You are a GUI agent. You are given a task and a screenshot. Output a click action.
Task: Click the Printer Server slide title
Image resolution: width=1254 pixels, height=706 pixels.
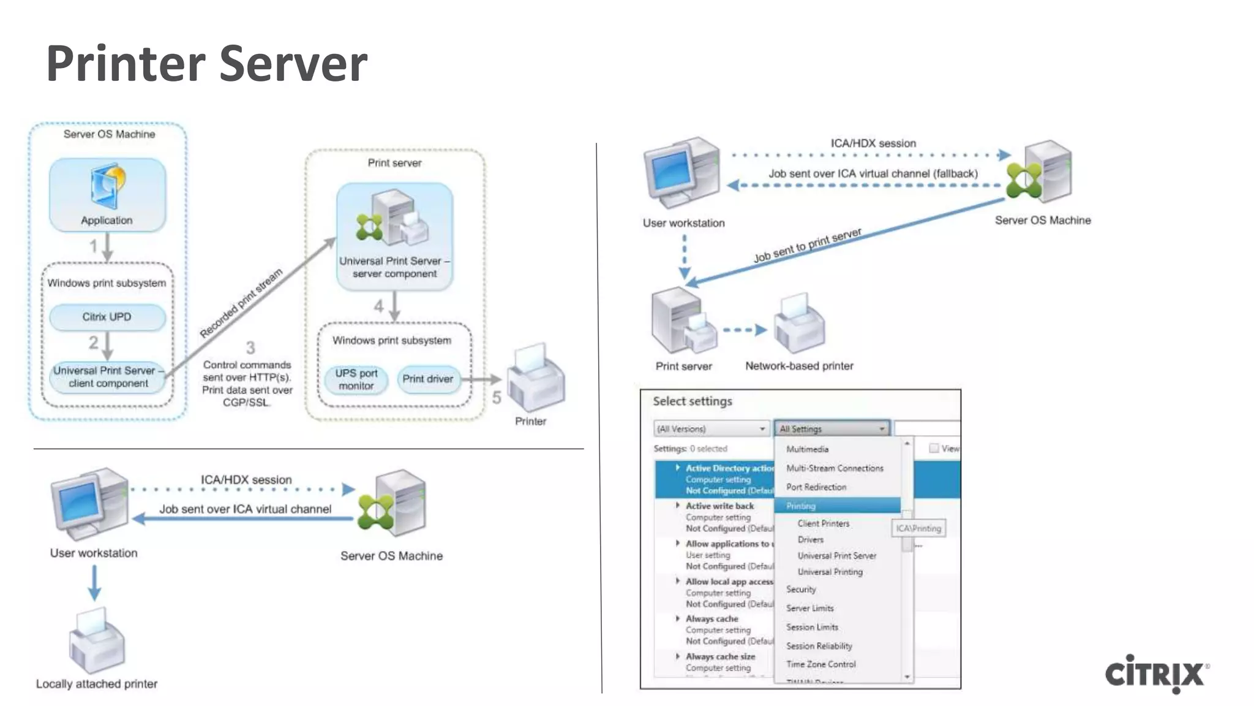(x=206, y=63)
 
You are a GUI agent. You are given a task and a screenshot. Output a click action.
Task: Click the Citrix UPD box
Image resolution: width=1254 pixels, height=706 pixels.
(x=107, y=317)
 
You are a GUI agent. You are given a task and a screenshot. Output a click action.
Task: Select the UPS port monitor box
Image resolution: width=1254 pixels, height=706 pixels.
(x=356, y=379)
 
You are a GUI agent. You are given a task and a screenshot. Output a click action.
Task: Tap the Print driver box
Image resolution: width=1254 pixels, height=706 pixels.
(x=427, y=379)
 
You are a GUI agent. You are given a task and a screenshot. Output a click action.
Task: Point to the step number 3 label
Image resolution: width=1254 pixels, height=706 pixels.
(x=250, y=348)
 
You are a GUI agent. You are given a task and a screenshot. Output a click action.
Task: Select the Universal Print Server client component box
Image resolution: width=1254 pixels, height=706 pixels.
(x=108, y=377)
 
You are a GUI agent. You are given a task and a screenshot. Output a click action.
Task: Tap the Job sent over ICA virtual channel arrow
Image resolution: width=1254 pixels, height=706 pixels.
(x=245, y=519)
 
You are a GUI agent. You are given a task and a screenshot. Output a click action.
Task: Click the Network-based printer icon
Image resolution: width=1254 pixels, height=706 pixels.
(x=799, y=325)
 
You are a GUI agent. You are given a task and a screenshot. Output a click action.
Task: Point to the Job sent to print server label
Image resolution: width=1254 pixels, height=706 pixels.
(x=807, y=245)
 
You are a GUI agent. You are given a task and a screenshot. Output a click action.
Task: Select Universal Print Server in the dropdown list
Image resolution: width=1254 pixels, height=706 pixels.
(x=836, y=556)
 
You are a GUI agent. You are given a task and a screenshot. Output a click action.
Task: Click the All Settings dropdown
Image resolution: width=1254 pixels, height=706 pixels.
(x=831, y=428)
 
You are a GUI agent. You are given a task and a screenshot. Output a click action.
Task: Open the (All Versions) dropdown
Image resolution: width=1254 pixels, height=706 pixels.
(x=711, y=428)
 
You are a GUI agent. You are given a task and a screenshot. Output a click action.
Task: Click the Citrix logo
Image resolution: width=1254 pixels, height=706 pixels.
(x=1155, y=674)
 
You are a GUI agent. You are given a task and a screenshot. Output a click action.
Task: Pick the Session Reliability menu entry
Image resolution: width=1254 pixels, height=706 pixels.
(x=819, y=646)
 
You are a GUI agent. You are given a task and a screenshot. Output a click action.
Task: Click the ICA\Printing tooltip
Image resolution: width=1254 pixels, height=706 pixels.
(x=918, y=528)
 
